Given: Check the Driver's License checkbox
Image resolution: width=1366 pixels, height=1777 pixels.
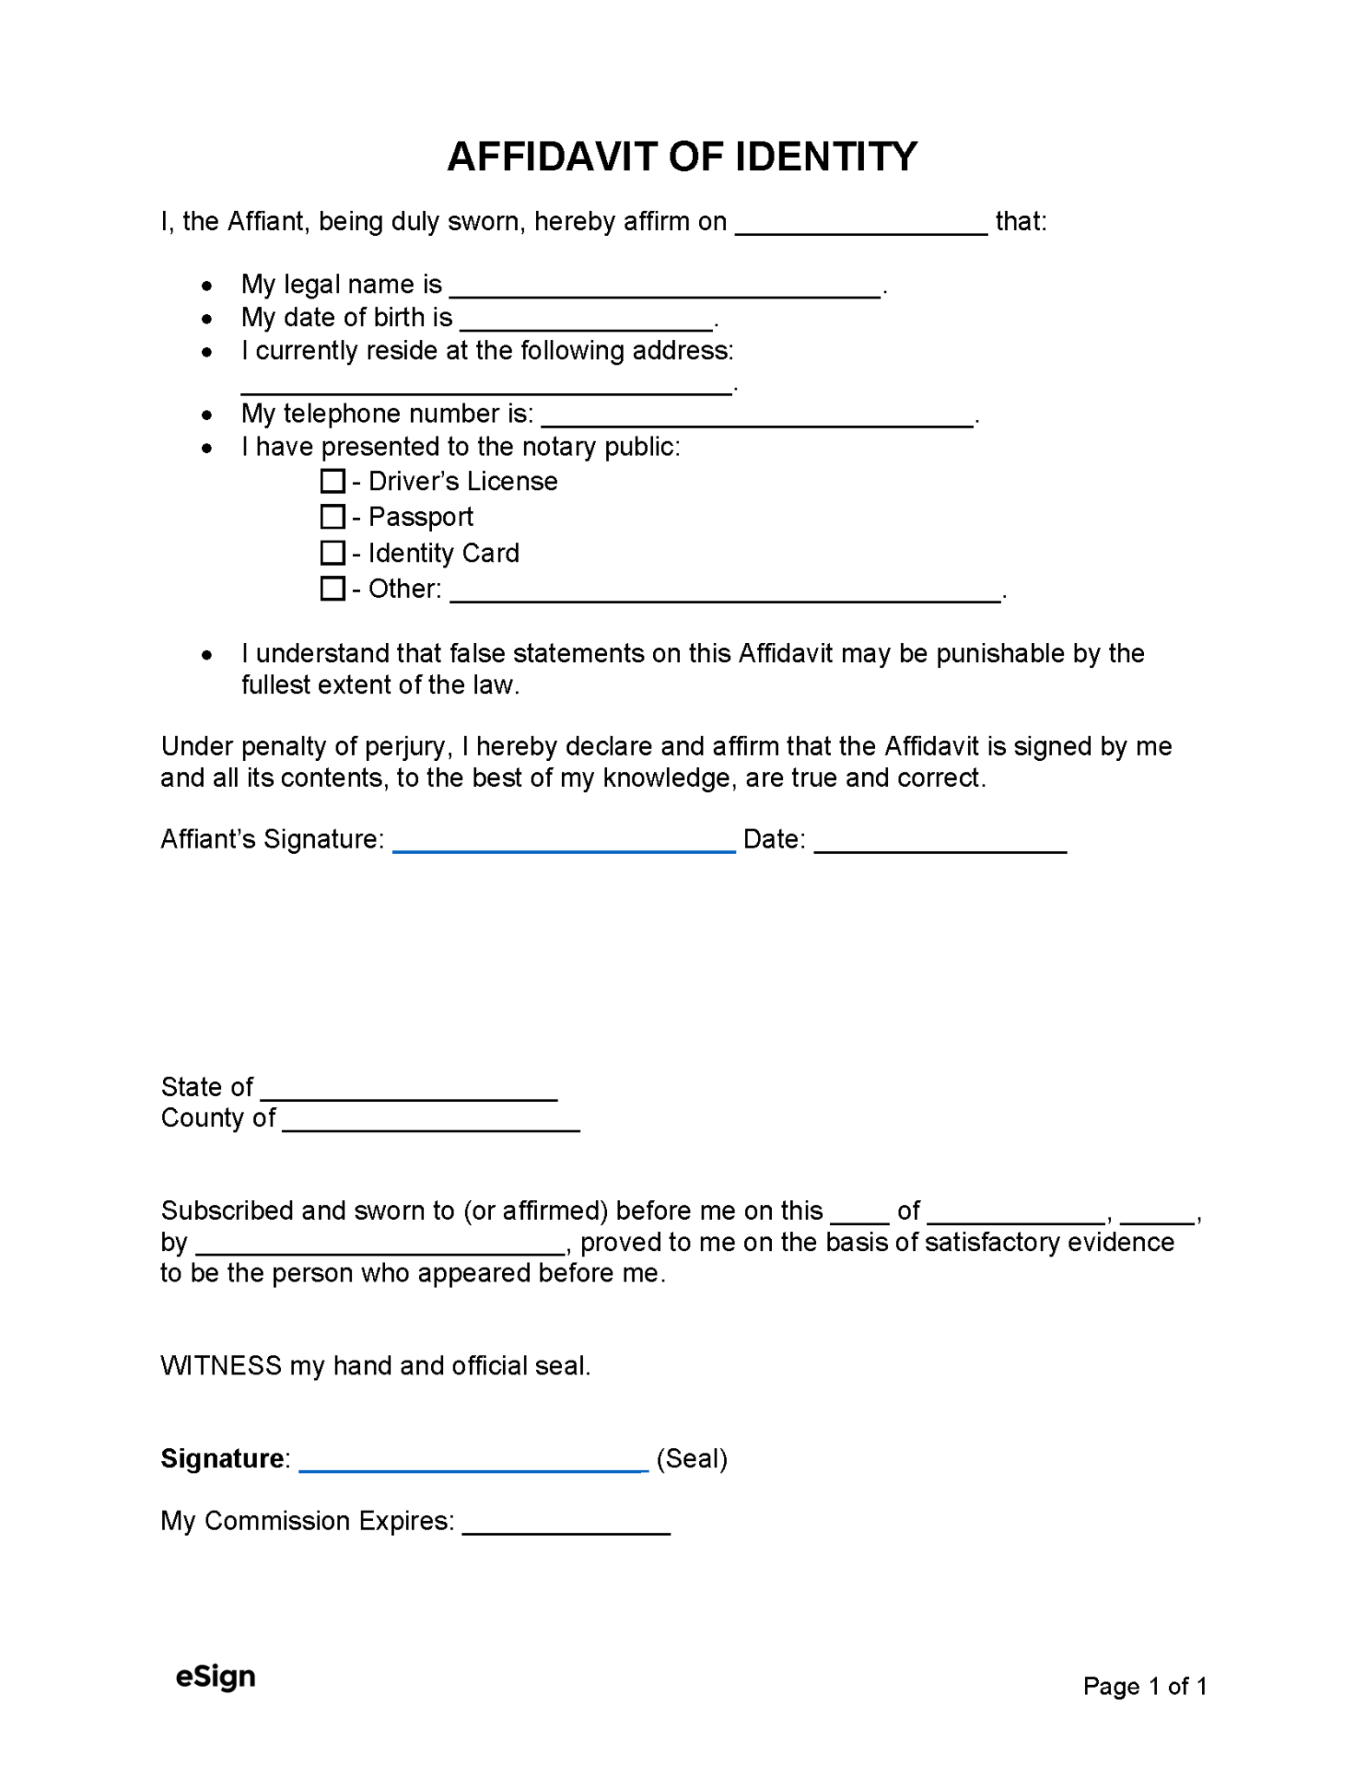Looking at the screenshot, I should pos(332,481).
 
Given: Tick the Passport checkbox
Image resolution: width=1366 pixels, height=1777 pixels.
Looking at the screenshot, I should pos(332,516).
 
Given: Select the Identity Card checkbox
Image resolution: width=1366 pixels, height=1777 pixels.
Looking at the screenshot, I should pos(332,553).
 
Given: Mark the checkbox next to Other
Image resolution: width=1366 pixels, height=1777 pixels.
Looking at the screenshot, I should pos(332,588).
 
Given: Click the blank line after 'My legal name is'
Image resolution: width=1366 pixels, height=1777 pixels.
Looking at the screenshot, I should pos(665,289).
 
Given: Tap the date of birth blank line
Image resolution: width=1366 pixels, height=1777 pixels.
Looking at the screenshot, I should pos(585,322).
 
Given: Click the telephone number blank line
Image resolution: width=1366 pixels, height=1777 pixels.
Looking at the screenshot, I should pos(757,418).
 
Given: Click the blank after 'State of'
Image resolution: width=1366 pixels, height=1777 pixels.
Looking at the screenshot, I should pos(408,1092).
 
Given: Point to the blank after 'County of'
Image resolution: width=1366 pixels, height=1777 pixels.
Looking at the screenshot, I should pos(431,1123).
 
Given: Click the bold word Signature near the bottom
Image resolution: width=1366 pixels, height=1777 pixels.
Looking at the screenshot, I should pos(222,1459).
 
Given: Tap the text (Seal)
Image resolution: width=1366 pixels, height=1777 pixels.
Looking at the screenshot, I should pos(691,1459).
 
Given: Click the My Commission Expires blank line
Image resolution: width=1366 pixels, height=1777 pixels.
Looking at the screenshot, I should pos(565,1525).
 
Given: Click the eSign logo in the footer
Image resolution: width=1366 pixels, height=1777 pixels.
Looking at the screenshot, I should pos(215,1676).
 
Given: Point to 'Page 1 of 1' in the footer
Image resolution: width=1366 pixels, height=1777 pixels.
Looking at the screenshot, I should pos(1144,1686).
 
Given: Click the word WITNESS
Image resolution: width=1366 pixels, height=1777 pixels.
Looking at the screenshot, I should pos(221,1366).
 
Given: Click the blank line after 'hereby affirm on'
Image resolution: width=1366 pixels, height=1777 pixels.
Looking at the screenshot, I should pos(860,226).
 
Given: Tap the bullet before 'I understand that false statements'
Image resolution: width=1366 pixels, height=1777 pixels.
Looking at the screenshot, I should pos(206,655).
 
